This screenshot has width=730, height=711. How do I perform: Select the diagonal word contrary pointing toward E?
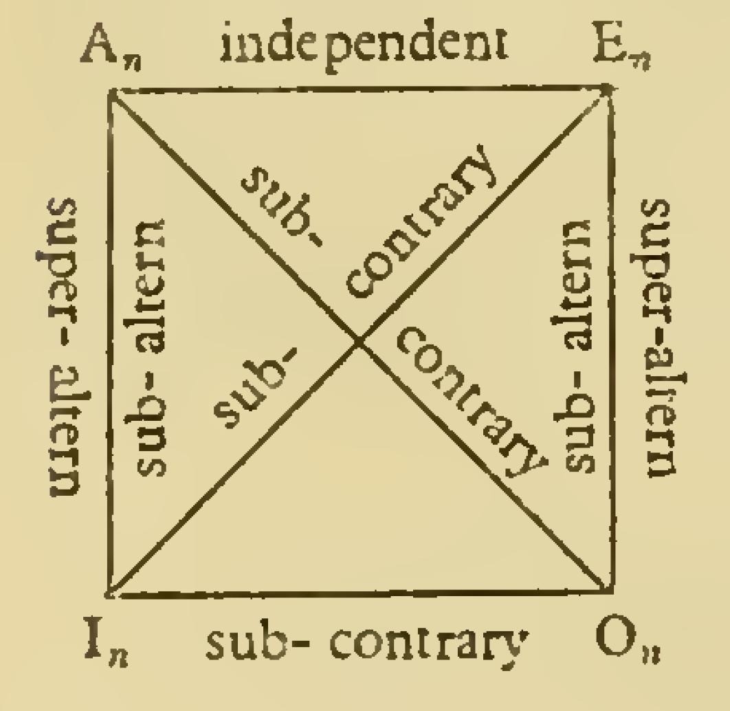point(419,222)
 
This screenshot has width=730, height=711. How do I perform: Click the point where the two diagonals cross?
point(359,342)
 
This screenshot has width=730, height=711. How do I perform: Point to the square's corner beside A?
point(111,91)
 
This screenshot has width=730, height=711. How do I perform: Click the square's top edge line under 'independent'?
point(360,89)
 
